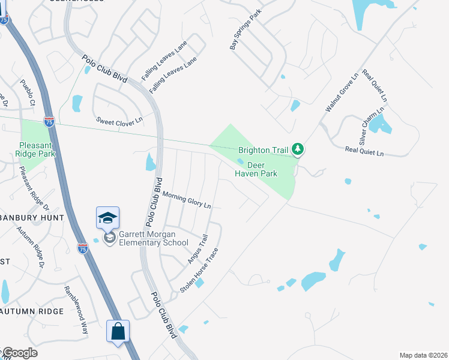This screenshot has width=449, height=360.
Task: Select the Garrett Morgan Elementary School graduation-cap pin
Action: (x=108, y=218)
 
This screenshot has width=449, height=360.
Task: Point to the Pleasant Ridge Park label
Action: (x=37, y=149)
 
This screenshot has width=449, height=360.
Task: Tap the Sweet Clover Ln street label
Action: (x=120, y=121)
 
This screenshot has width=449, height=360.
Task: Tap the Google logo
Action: (x=20, y=353)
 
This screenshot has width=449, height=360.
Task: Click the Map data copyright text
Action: (x=423, y=355)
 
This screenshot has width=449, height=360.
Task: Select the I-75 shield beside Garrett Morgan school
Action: (x=83, y=248)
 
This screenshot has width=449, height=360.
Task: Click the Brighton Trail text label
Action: (x=264, y=149)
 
